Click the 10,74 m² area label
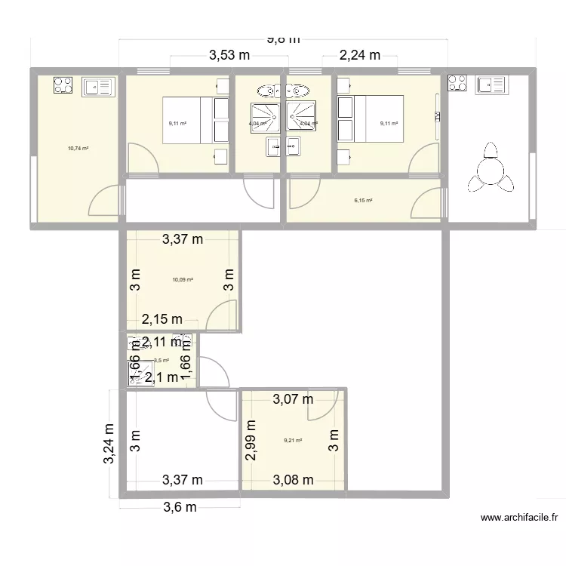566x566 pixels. [x=78, y=149]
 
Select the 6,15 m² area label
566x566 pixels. [x=364, y=200]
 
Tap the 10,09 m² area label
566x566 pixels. [x=183, y=280]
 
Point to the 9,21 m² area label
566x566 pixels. [x=293, y=441]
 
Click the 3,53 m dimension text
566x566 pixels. [x=229, y=54]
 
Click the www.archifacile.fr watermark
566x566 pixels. [x=521, y=518]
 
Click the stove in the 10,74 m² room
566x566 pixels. [x=62, y=85]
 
